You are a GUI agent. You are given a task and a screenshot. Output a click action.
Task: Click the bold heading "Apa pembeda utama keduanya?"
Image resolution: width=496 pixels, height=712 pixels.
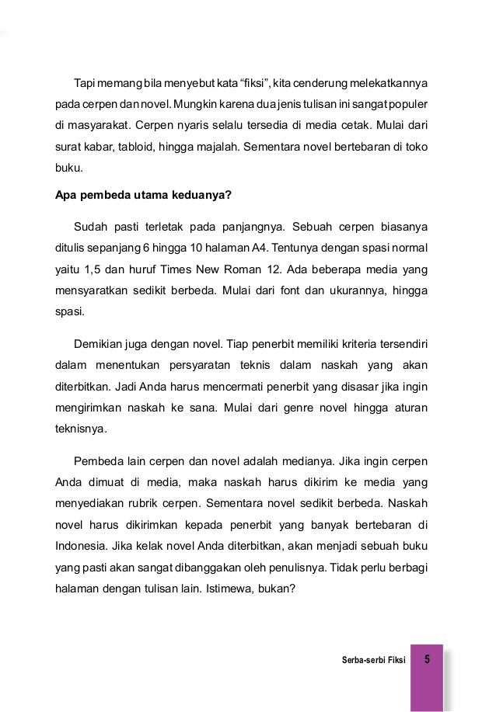[143, 195]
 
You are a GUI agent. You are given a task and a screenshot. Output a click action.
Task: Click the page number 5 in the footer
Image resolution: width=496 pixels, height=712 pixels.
[428, 660]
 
